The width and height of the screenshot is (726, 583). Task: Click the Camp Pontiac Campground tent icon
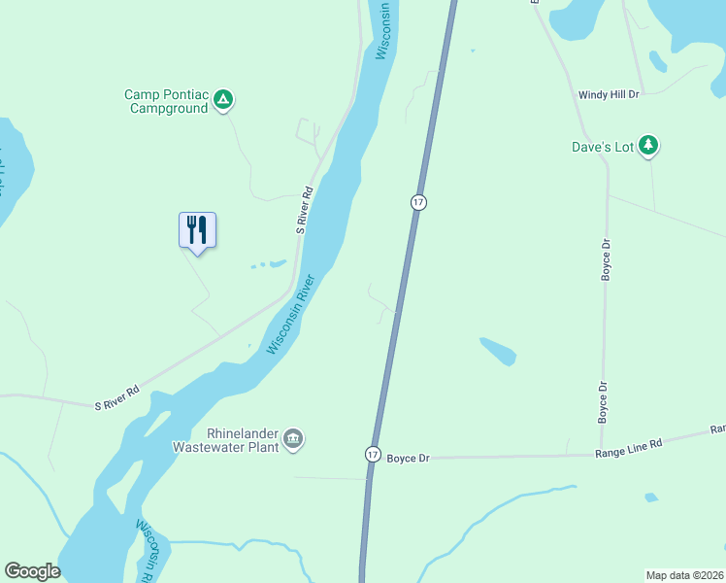pyautogui.click(x=223, y=98)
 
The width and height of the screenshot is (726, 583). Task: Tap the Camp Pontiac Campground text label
pyautogui.click(x=166, y=102)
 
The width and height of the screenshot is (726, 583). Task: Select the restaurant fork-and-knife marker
pyautogui.click(x=198, y=229)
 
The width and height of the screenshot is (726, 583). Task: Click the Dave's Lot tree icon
pyautogui.click(x=648, y=147)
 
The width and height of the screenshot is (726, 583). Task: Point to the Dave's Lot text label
pyautogui.click(x=602, y=148)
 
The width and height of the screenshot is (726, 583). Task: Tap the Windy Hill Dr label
pyautogui.click(x=609, y=95)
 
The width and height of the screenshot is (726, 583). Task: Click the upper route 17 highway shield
pyautogui.click(x=417, y=202)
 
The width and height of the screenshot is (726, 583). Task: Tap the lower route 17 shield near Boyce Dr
pyautogui.click(x=373, y=454)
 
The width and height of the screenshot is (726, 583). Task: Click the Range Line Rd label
pyautogui.click(x=628, y=444)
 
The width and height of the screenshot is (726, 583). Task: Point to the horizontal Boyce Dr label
pyautogui.click(x=408, y=458)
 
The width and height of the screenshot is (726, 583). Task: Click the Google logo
pyautogui.click(x=32, y=571)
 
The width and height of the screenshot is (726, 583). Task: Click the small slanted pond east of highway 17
pyautogui.click(x=498, y=352)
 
